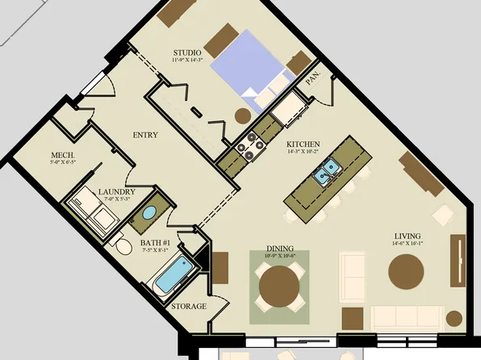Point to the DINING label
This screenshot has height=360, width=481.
tap(280, 249)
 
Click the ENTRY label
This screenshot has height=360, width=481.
tap(145, 135)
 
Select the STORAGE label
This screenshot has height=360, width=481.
tap(189, 307)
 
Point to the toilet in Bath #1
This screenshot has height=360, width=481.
tap(122, 246)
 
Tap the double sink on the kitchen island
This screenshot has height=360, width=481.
tap(328, 171)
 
